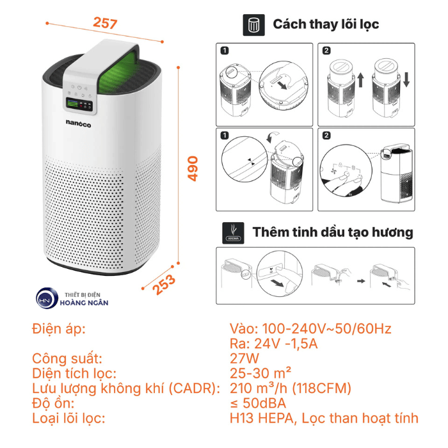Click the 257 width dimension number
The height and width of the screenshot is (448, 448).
105,24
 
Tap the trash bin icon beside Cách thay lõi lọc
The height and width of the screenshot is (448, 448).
254,25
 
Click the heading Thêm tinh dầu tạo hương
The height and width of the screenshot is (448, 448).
333,232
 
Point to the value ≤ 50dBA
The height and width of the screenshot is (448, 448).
257,403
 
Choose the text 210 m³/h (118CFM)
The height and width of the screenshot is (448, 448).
291,388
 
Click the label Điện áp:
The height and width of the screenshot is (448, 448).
58,329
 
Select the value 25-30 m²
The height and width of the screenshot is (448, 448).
261,373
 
